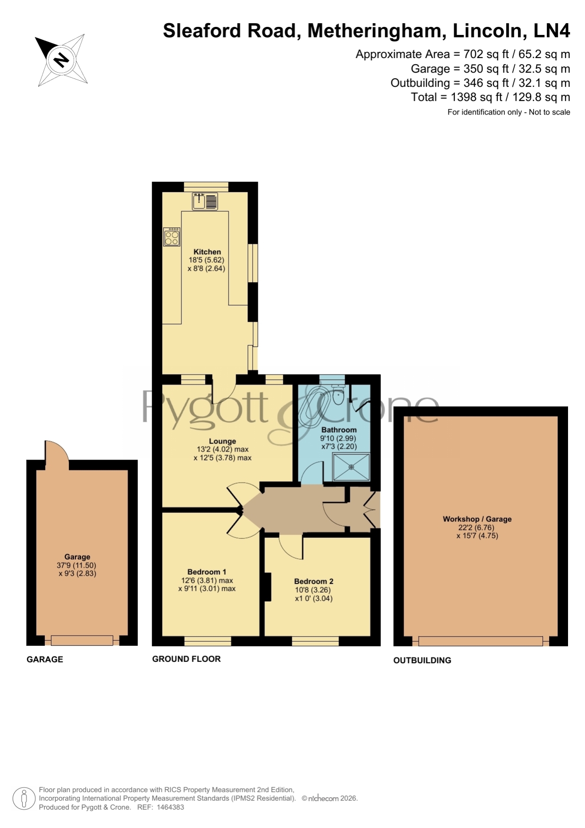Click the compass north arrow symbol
pos(61,60)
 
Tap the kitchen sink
pos(205,201)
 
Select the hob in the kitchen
pos(172,237)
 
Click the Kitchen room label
pos(207,252)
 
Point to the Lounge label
pos(222,441)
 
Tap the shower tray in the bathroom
pos(351,467)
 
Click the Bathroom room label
pos(339,430)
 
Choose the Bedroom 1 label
pos(207,572)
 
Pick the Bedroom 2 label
pos(314,581)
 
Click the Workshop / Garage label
pos(477,519)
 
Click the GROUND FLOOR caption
pos(186,659)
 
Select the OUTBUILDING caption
pos(422,661)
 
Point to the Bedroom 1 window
pos(208,641)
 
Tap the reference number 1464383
pos(170,807)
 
